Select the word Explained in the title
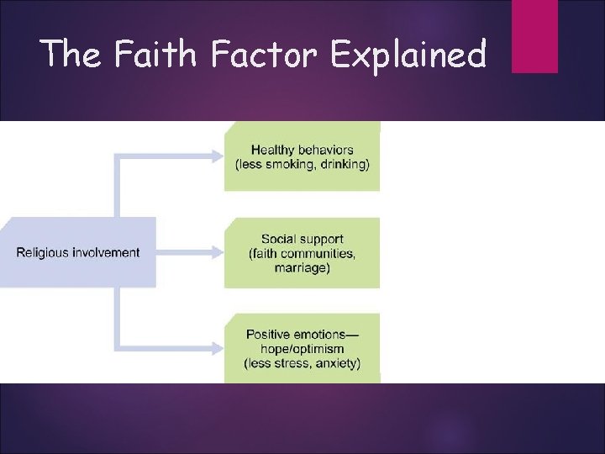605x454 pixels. [408, 55]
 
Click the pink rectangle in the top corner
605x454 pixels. [534, 35]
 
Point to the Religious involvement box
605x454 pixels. [78, 252]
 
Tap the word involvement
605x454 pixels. [106, 252]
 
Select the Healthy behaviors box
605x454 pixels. [302, 156]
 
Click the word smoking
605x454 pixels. [290, 164]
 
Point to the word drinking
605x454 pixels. [345, 164]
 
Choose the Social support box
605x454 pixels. [302, 253]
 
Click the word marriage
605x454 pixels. [302, 268]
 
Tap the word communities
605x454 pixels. [319, 254]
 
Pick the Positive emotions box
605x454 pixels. [302, 348]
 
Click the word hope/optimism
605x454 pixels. [302, 349]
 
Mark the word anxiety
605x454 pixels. [336, 363]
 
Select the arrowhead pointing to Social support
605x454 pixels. [218, 252]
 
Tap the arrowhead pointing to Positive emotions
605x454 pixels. [218, 348]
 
